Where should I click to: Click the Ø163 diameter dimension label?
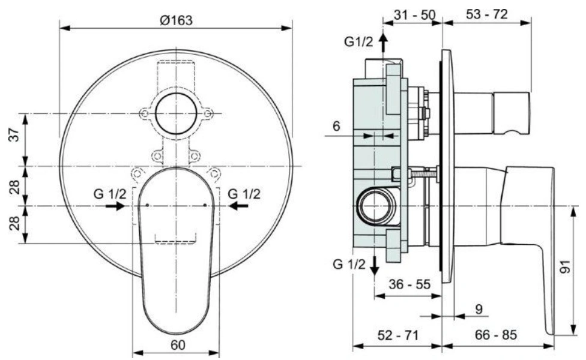[176, 20]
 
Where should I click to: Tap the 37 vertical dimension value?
[14, 134]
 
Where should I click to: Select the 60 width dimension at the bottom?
[178, 344]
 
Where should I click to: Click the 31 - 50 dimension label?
[414, 14]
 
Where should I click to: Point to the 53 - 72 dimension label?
[486, 14]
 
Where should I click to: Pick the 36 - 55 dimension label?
[409, 284]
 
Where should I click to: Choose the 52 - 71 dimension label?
[398, 335]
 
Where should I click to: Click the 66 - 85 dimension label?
[496, 335]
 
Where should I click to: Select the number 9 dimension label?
[479, 309]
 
